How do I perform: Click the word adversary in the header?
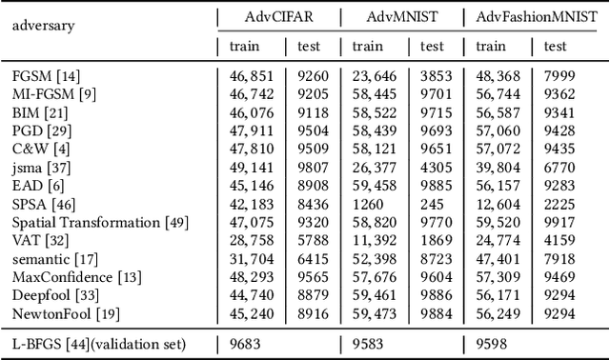pos(43,25)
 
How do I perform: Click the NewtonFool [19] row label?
pos(60,311)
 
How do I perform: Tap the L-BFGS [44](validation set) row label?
pos(98,344)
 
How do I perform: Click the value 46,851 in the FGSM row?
pos(252,75)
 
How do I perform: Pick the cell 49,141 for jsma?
pos(252,169)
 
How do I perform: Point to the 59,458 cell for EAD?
pos(375,186)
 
